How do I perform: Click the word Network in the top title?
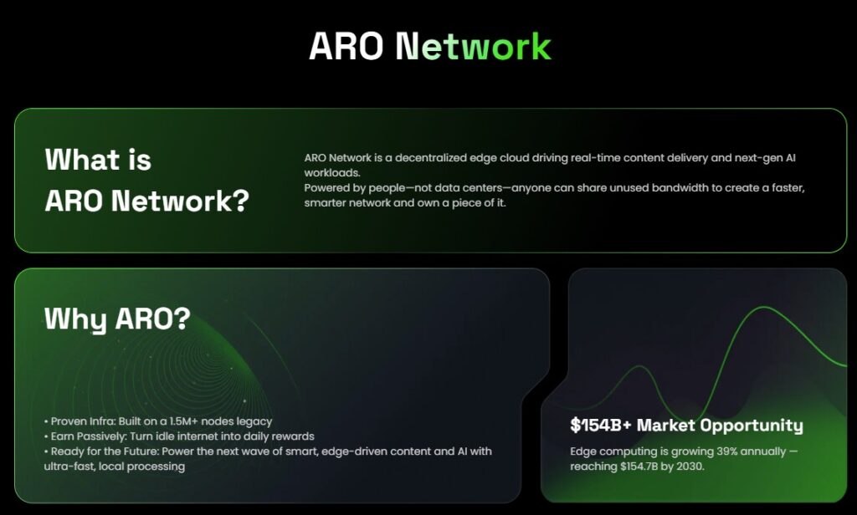point(473,47)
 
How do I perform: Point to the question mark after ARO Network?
point(241,201)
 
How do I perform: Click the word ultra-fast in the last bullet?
point(69,466)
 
